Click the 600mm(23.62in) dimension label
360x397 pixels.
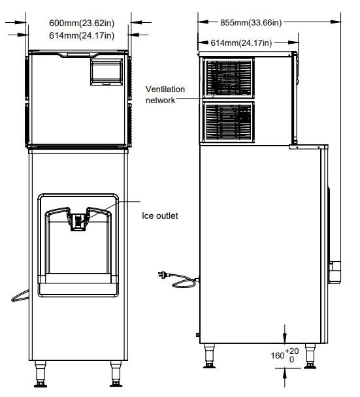tap(82, 23)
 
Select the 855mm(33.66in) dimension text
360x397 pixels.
tap(251, 23)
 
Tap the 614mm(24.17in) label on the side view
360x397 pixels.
tap(241, 43)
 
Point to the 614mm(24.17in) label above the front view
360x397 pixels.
tap(82, 35)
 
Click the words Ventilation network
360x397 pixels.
tap(165, 95)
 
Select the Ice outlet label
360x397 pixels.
tap(160, 215)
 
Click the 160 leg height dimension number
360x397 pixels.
tap(278, 355)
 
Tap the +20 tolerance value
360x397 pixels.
tap(291, 351)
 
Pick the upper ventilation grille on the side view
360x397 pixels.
tap(229, 78)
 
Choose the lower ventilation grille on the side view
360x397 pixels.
tap(229, 122)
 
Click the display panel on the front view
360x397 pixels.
tap(106, 72)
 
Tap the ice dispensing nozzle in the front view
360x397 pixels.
tap(78, 221)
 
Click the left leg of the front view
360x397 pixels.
tap(41, 373)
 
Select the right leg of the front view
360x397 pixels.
tap(116, 373)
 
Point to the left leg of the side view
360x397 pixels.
tap(210, 356)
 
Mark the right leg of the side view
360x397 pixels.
tap(310, 356)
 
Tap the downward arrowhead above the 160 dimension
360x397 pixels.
tap(285, 339)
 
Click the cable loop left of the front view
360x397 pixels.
tap(20, 296)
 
